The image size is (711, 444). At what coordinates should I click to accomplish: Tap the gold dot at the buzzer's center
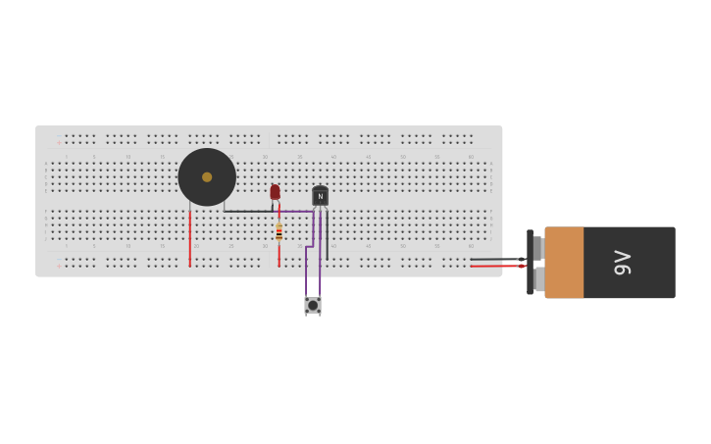coord(207,177)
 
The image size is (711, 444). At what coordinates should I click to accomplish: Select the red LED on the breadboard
coord(276,191)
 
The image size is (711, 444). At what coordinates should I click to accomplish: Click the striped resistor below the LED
coord(279,232)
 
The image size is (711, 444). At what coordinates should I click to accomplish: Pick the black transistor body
coord(320,196)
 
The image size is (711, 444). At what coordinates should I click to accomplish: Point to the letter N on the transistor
coord(320,196)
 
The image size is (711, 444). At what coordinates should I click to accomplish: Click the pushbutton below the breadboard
coord(313,305)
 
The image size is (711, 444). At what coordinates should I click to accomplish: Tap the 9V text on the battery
coord(623,263)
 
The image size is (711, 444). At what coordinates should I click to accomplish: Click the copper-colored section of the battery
coord(564,263)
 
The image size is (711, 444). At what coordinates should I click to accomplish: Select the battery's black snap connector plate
coord(531,263)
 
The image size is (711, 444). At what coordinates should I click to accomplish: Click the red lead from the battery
coord(495,266)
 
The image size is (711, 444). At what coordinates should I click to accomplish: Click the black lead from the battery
coord(495,259)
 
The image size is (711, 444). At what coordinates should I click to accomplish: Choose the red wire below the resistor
coord(279,254)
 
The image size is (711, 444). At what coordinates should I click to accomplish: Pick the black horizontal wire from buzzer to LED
coord(248,211)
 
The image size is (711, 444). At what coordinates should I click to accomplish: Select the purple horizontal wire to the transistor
coord(295,211)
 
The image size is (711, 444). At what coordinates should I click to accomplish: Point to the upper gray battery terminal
coord(537,247)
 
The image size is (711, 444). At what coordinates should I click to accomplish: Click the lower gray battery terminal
coord(538,279)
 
